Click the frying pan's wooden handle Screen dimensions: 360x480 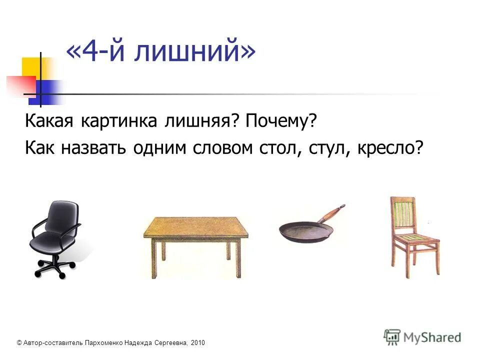pyautogui.click(x=331, y=213)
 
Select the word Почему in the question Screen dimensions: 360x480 pyautogui.click(x=281, y=121)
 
